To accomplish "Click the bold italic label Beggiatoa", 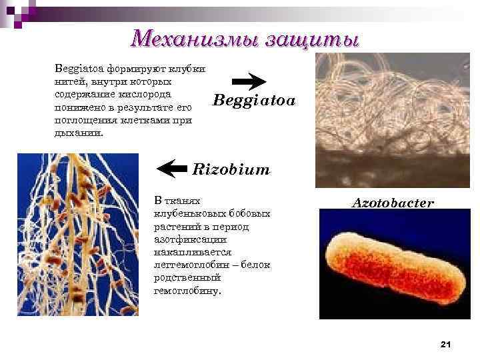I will [253, 102].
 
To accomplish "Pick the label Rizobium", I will [231, 169].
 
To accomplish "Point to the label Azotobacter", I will [393, 202].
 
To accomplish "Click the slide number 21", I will [446, 343].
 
